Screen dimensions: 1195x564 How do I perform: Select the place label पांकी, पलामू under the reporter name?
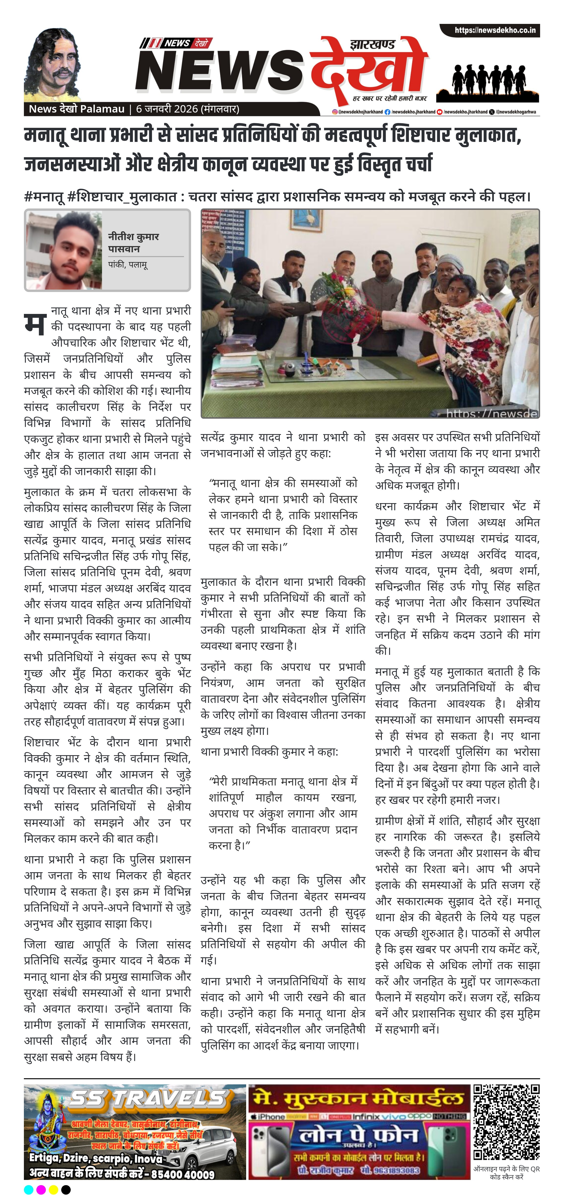tap(128, 265)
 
